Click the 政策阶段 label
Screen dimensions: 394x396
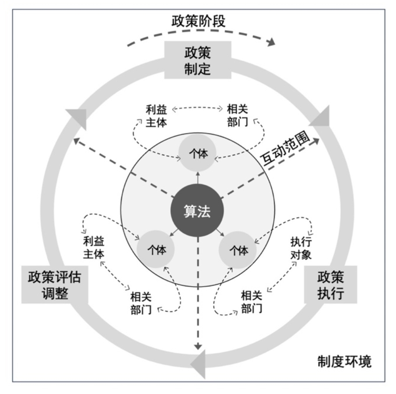click(x=198, y=21)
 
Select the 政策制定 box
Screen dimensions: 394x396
click(x=198, y=60)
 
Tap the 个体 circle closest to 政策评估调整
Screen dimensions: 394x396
click(x=156, y=251)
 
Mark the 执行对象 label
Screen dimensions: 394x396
click(x=301, y=248)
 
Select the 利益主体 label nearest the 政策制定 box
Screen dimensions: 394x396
click(x=155, y=115)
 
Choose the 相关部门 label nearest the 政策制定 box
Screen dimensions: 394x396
click(x=238, y=115)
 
